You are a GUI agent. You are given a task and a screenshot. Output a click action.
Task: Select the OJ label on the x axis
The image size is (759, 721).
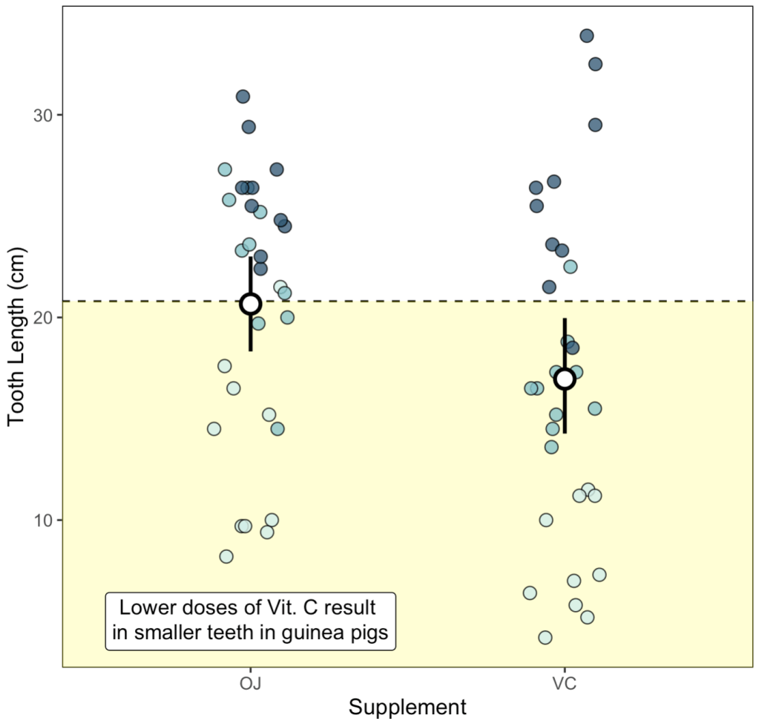pos(251,682)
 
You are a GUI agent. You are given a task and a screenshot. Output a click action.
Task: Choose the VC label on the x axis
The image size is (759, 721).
pos(565,682)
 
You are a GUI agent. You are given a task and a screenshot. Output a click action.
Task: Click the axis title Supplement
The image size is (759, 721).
pos(407,707)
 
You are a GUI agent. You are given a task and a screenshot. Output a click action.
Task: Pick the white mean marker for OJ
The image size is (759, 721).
pos(251,304)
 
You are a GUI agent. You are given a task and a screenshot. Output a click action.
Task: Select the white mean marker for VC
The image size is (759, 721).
pos(565,379)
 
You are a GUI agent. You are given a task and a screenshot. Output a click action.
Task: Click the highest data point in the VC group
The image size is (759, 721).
pos(586,36)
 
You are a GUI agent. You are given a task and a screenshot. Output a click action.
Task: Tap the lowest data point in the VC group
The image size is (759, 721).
pos(545,637)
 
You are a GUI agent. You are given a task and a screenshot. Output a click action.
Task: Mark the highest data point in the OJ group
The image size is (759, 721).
pos(243,97)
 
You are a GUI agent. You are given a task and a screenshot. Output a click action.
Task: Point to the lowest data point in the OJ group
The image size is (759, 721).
pos(226,556)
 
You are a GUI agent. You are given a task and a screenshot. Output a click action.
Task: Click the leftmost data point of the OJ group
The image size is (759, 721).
pos(214,428)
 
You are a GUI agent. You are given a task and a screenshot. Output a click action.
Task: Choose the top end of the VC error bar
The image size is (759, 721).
pos(565,319)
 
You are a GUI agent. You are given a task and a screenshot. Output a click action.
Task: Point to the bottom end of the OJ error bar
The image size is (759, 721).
pos(251,350)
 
